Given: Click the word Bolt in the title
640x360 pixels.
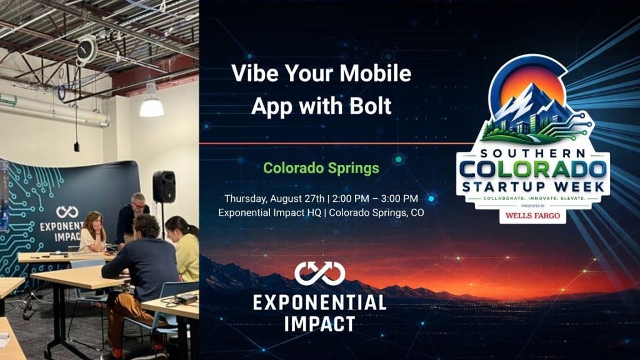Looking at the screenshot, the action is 370,106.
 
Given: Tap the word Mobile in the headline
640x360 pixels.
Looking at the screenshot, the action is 376,73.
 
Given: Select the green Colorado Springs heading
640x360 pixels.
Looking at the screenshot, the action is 321,167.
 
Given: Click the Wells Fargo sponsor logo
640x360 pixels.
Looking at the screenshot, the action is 532,216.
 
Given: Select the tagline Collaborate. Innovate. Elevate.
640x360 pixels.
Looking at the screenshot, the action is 534,198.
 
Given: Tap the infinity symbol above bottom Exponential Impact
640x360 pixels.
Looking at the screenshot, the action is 319,273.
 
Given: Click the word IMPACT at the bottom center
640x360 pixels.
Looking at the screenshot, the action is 319,324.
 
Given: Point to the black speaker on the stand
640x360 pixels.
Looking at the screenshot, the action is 164,186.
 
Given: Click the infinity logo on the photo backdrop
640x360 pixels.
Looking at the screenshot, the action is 67,212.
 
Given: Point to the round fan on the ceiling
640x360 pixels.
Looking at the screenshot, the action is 86,51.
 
